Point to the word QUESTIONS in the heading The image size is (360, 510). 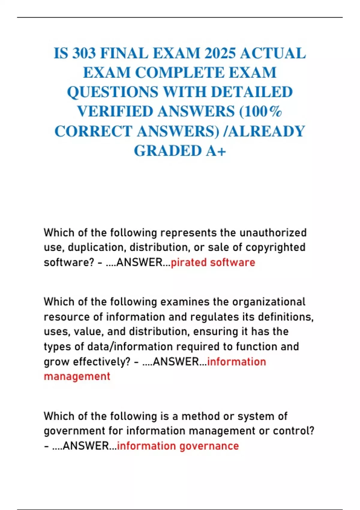112,92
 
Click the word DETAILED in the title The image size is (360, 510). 252,92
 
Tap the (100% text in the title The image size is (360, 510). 260,112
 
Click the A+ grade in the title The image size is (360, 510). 216,151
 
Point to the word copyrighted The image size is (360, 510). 275,247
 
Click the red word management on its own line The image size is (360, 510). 77,376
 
